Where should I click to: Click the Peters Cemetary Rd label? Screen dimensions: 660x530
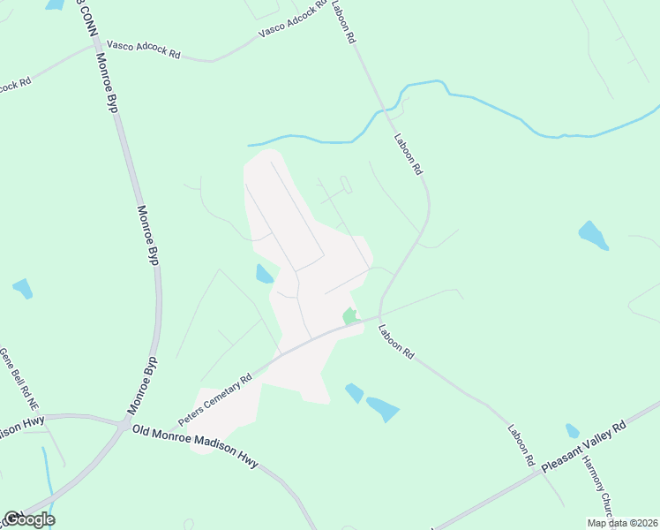point(215,396)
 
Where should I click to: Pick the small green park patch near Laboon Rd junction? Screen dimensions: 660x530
point(350,316)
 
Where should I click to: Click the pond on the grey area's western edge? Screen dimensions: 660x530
point(264,274)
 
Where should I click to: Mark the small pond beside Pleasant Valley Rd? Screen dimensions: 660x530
point(573,431)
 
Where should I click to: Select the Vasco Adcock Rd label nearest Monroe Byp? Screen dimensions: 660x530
point(143,49)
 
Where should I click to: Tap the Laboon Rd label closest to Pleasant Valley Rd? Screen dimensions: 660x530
point(521,445)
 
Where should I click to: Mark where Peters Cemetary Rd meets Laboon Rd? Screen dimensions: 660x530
point(379,317)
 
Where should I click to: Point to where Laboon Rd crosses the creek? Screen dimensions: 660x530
point(385,110)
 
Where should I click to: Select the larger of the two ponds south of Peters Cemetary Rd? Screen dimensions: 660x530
point(383,409)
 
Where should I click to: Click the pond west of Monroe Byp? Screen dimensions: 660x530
point(22,288)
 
